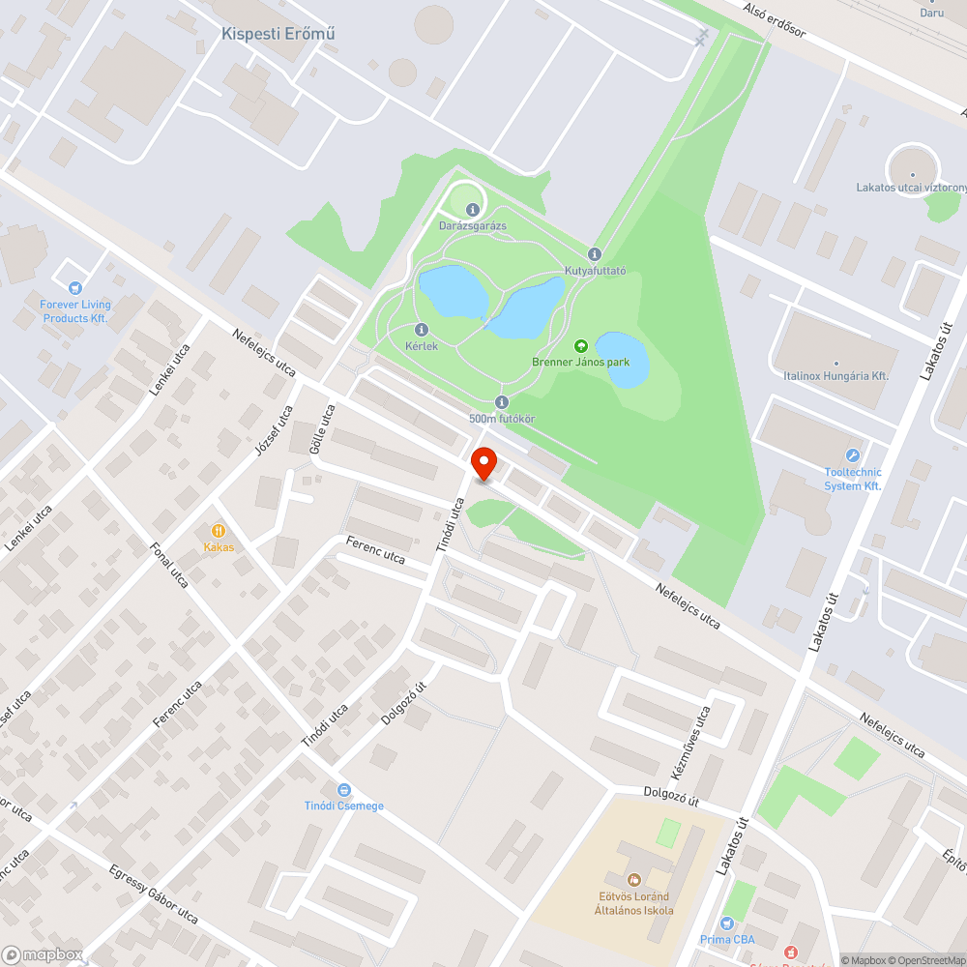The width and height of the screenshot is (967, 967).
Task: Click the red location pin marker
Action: click(483, 462)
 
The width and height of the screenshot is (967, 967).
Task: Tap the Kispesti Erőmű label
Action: click(278, 34)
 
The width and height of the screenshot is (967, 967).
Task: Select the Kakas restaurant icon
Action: click(219, 530)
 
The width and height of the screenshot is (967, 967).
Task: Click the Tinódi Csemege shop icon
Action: click(343, 790)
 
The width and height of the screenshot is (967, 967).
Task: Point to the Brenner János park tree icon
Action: click(581, 346)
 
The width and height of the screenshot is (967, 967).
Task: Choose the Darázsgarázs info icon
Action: click(472, 210)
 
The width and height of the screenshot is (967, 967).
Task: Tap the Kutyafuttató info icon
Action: click(595, 254)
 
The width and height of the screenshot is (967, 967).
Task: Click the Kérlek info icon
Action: click(422, 330)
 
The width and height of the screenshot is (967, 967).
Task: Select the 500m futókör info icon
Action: click(501, 402)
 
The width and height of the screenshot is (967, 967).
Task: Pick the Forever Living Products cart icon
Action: click(75, 287)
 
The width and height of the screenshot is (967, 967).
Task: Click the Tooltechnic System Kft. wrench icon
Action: click(853, 455)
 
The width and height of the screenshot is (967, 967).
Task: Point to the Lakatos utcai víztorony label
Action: click(909, 188)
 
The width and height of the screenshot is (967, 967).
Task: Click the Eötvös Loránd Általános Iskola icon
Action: click(634, 879)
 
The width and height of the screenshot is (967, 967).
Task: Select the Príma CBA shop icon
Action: click(727, 923)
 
